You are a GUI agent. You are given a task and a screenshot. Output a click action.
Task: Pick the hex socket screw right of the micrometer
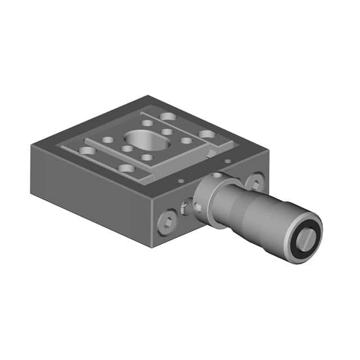coord(254,181)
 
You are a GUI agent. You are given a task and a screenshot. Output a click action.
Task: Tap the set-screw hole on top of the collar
coord(217,175)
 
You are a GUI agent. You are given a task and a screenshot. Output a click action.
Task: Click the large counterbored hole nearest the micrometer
coord(207,134)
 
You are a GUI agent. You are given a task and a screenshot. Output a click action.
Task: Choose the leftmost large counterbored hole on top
coord(87,150)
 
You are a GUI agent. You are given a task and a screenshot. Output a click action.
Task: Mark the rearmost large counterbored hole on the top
coord(167,116)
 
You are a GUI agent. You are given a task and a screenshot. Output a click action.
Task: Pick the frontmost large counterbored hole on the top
coord(126,168)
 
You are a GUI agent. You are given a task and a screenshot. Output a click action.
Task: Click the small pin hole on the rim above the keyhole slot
coord(181,182)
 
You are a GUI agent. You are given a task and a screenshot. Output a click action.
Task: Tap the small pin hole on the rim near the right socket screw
coord(227,161)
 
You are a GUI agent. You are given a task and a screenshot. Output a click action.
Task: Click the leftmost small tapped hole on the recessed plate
coord(107,139)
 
